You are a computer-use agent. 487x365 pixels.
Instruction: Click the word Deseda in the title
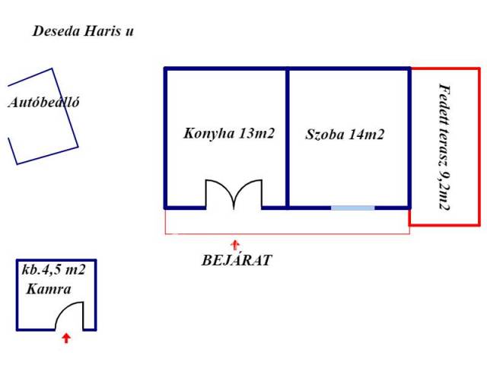tap(57, 31)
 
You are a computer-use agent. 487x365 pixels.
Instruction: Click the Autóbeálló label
tap(43, 103)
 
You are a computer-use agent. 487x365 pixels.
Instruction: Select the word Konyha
tap(209, 134)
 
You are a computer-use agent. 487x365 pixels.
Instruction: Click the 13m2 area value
tap(257, 134)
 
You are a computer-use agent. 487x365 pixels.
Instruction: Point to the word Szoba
tap(325, 135)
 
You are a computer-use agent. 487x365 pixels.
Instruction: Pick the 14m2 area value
tap(367, 135)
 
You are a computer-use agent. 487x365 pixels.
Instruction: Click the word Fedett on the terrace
tap(444, 101)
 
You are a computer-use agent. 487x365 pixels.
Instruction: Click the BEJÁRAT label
tap(237, 260)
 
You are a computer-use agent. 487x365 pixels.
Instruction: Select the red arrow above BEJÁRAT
tap(235, 245)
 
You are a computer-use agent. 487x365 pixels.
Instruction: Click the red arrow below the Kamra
tap(66, 338)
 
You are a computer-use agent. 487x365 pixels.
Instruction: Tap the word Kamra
tap(49, 289)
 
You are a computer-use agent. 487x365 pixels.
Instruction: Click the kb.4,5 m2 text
tap(53, 269)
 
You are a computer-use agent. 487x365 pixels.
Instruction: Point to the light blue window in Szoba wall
tap(353, 208)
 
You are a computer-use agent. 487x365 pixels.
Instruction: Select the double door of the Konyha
tap(234, 195)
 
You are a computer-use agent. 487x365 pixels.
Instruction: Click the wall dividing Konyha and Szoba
tap(288, 138)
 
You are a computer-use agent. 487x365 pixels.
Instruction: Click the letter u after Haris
tap(129, 31)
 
